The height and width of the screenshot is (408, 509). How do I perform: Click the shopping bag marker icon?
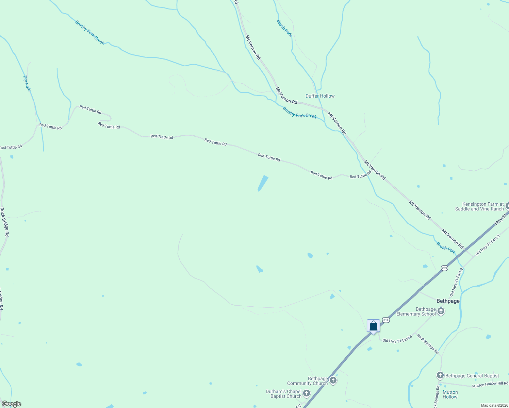pyautogui.click(x=373, y=326)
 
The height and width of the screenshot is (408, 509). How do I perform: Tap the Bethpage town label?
pyautogui.click(x=448, y=301)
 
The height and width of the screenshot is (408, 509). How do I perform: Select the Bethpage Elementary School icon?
pyautogui.click(x=441, y=311)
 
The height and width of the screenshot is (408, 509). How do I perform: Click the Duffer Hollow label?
pyautogui.click(x=320, y=96)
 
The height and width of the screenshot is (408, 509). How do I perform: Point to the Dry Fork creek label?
pyautogui.click(x=27, y=83)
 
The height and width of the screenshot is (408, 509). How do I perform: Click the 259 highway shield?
pyautogui.click(x=444, y=268)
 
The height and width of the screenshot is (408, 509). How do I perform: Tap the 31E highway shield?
pyautogui.click(x=385, y=320)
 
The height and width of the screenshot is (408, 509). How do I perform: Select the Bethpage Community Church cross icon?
pyautogui.click(x=333, y=380)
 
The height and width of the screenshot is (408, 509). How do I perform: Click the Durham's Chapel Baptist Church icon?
pyautogui.click(x=307, y=394)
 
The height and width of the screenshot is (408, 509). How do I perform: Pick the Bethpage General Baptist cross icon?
pyautogui.click(x=440, y=375)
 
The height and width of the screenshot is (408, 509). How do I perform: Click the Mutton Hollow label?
pyautogui.click(x=450, y=394)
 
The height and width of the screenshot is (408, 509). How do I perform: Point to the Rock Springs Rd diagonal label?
pyautogui.click(x=428, y=344)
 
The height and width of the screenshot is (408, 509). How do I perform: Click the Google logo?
pyautogui.click(x=11, y=404)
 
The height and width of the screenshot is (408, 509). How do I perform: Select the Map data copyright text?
pyautogui.click(x=494, y=405)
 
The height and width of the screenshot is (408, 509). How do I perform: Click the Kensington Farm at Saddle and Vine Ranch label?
pyautogui.click(x=479, y=207)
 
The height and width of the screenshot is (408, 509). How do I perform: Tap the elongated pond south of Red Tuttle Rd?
pyautogui.click(x=263, y=183)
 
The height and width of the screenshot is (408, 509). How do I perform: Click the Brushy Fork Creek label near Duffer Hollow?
pyautogui.click(x=300, y=113)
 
